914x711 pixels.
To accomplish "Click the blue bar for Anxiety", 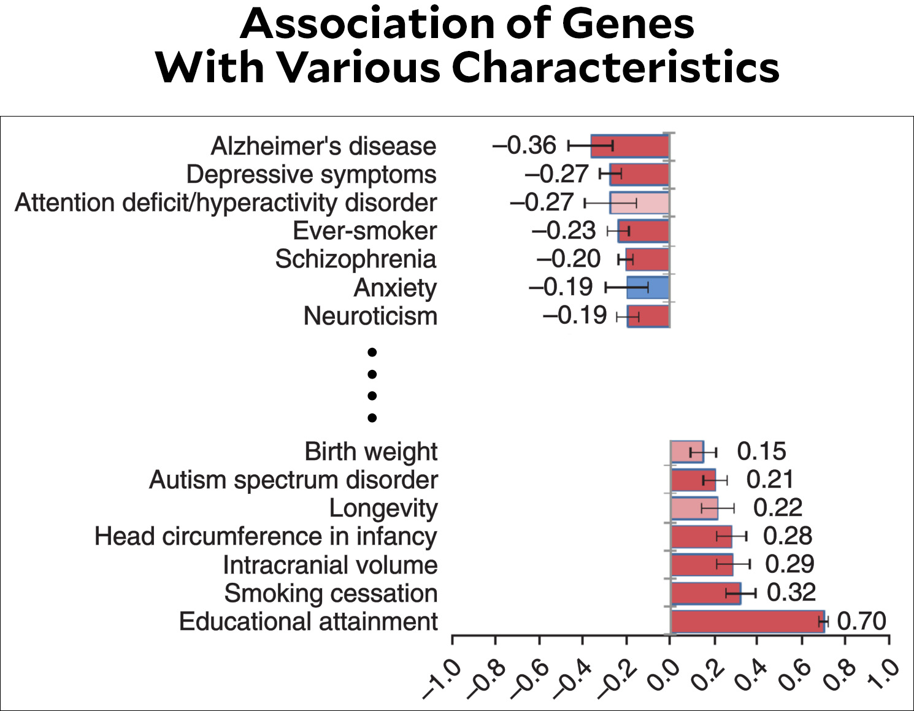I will (648, 288).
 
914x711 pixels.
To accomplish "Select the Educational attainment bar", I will (747, 621).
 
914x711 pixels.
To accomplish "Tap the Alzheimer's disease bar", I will (630, 146).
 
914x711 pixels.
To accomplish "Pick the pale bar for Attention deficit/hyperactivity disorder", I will (639, 203).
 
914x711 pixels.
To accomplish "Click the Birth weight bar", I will (687, 452).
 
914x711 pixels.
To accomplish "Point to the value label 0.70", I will (861, 621).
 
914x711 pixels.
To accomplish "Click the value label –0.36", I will (524, 145).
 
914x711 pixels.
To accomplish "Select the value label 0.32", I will (791, 593).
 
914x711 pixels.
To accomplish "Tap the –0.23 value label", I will (564, 231).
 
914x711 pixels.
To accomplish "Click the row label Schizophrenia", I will (356, 259).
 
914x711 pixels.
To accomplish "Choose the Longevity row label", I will (383, 508).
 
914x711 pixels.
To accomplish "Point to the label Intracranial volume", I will (330, 564).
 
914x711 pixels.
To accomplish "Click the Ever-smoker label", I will (364, 231).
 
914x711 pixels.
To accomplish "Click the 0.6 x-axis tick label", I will (794, 675).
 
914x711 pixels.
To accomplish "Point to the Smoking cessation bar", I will (706, 593).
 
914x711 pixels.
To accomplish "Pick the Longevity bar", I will (694, 508).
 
